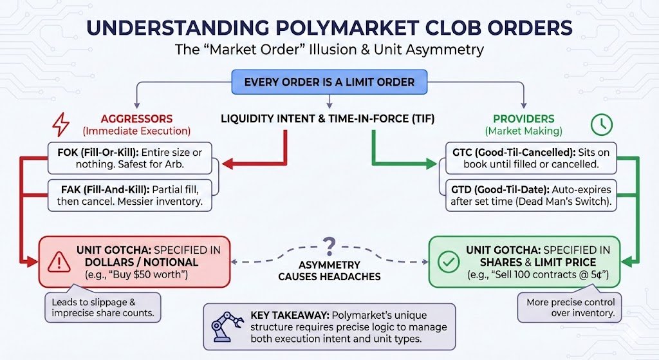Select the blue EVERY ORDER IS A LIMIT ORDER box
tap(329, 82)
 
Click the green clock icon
tap(601, 125)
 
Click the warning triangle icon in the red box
tap(59, 261)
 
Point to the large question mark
tap(329, 245)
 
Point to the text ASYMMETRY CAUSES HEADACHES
tap(329, 270)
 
